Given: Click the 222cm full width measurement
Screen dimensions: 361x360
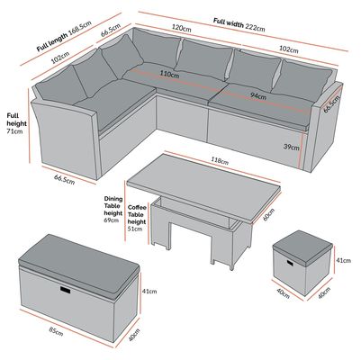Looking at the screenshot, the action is [x=256, y=26].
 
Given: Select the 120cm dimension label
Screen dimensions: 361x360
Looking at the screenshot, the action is [x=181, y=28].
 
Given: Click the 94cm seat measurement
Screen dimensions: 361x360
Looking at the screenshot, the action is [x=258, y=96].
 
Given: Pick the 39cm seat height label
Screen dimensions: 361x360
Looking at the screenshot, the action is [x=292, y=148].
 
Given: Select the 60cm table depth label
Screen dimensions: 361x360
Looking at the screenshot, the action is [x=268, y=214].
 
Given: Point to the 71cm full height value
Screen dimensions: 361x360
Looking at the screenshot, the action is [x=14, y=131].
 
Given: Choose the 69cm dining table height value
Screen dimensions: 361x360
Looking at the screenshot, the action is [x=112, y=220].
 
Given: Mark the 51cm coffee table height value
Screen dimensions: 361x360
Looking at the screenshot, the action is [x=135, y=229].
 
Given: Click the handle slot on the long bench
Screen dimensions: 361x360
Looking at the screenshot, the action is [x=65, y=289].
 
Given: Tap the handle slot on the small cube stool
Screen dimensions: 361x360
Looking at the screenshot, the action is [x=291, y=263].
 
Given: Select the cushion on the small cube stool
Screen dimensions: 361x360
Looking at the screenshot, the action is [x=302, y=247].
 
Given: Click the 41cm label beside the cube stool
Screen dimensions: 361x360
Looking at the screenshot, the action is [x=343, y=260].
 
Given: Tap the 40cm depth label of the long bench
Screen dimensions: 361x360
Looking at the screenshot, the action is [x=134, y=335].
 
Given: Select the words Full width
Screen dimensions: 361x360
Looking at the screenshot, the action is [x=229, y=22].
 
